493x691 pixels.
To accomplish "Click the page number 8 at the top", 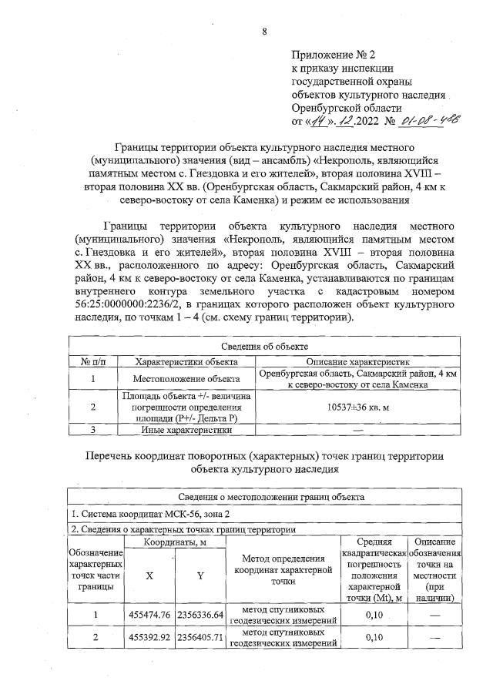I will [263, 32].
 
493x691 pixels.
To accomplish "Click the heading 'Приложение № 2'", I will [332, 55].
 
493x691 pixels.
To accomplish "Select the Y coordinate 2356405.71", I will [200, 638].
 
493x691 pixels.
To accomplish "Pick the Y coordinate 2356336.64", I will [200, 616].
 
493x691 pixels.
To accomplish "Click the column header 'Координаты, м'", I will [175, 543].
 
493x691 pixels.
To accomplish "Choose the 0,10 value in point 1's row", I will [374, 616].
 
